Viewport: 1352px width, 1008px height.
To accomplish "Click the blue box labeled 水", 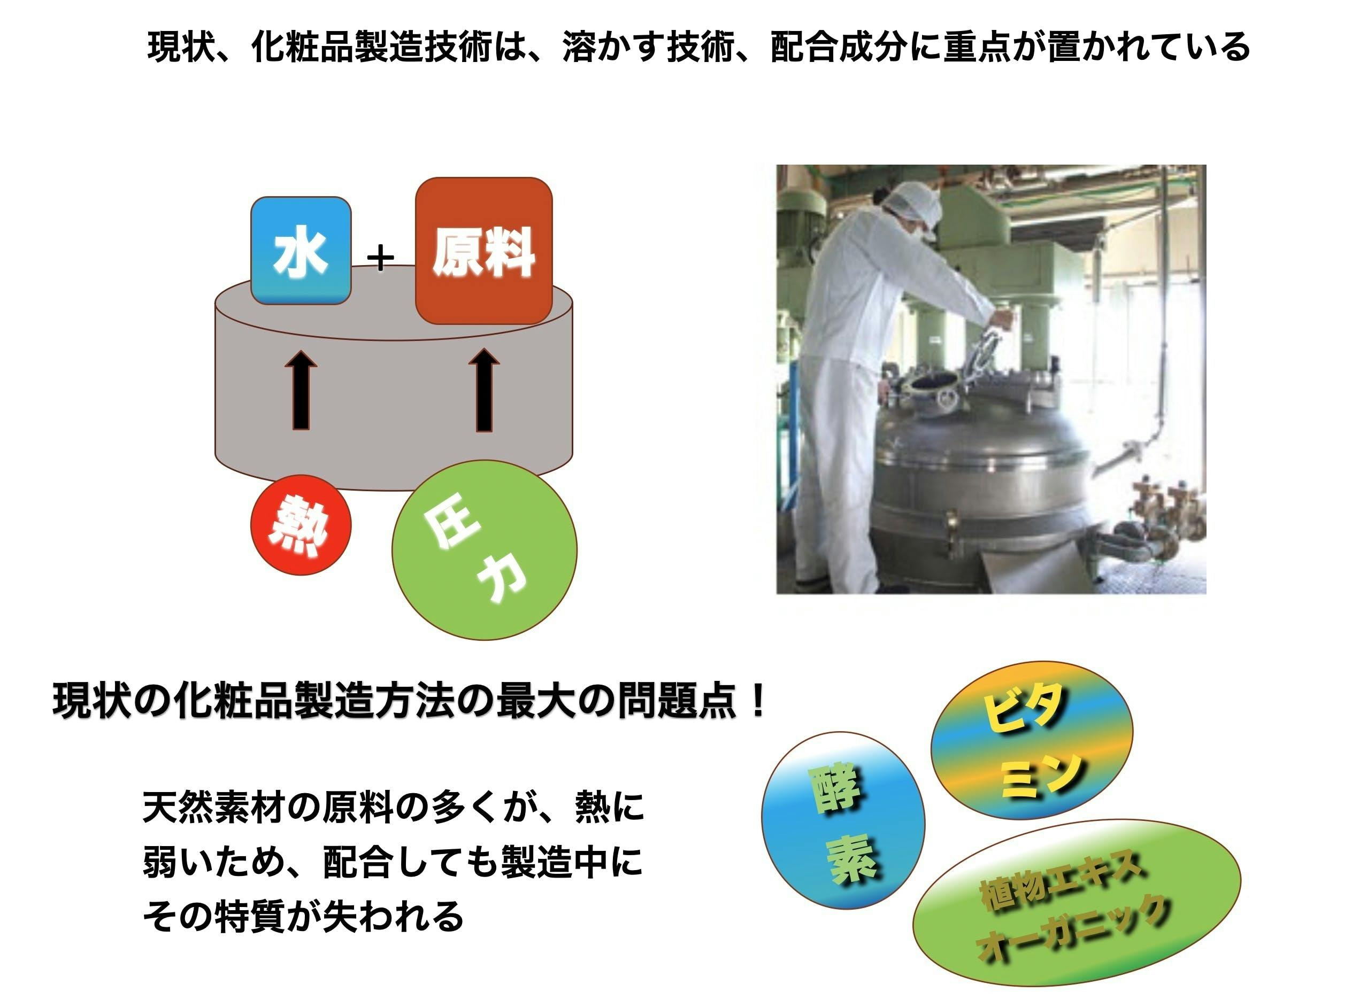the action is coord(301,250).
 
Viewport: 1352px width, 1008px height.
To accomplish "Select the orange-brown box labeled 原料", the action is coord(483,251).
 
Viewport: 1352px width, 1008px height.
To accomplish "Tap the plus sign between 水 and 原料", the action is coord(381,258).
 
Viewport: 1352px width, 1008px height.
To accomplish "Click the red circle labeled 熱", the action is coord(301,525).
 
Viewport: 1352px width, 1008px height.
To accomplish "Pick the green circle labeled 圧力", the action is coord(484,550).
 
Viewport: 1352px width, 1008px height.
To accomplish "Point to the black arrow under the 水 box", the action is coord(301,389).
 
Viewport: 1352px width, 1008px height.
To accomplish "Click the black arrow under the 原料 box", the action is coord(484,389).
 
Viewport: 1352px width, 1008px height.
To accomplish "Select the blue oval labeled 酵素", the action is coord(843,820).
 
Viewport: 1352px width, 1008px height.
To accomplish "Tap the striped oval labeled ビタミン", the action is coord(1032,740).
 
